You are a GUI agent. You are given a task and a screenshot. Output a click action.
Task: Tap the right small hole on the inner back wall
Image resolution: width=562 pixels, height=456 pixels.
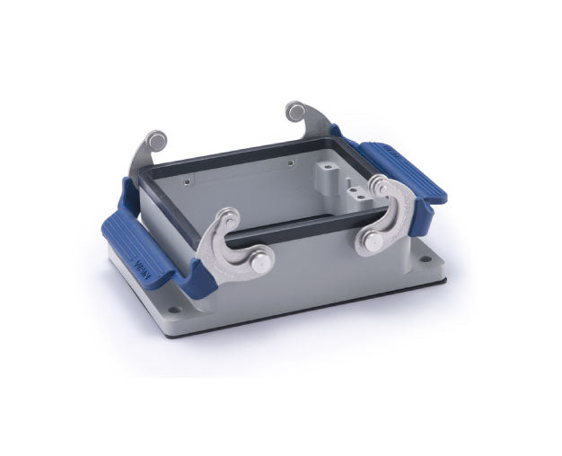click(x=289, y=163)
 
